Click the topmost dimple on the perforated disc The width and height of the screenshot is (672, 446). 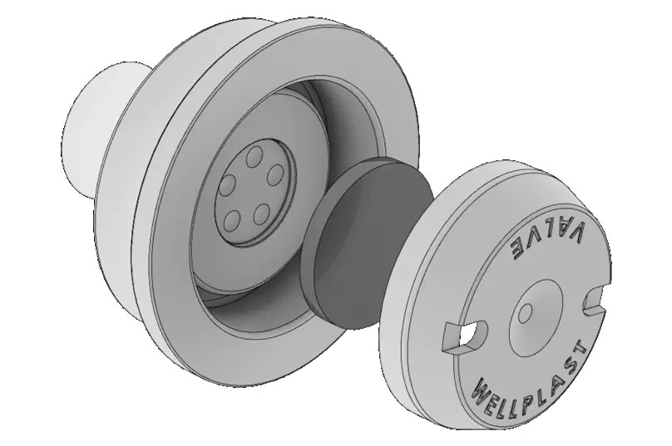(255, 157)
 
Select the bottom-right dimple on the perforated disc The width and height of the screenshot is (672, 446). (261, 214)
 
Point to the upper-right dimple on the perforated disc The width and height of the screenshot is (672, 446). (275, 174)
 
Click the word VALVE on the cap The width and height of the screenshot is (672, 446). (547, 240)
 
